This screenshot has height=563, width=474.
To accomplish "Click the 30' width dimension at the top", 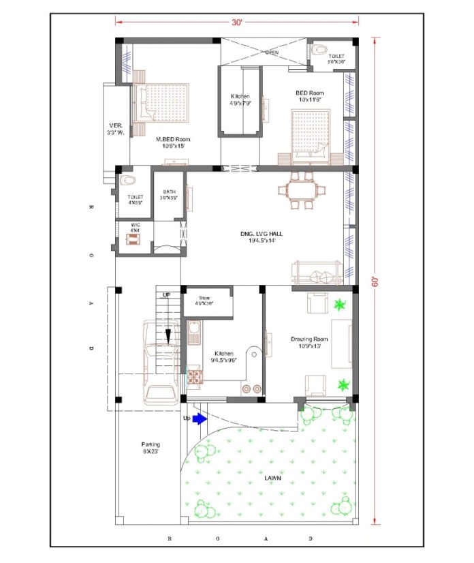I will pos(236,22).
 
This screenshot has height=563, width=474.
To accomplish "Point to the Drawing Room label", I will pos(309,342).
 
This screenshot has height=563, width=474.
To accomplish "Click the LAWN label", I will pos(272,478).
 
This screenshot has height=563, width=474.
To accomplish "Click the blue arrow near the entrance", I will pos(198,419).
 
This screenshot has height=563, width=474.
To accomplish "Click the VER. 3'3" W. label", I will pos(116,129).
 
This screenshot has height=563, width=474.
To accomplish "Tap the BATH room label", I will pos(168,195).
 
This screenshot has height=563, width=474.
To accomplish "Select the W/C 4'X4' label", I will pos(136,227).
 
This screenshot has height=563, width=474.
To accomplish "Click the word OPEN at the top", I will pos(272,52).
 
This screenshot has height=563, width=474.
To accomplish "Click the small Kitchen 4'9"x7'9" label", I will pos(240,100).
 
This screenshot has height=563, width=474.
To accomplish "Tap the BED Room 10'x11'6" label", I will pos(309,96).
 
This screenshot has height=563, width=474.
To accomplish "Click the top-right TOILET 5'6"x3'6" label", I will pos(336,59).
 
